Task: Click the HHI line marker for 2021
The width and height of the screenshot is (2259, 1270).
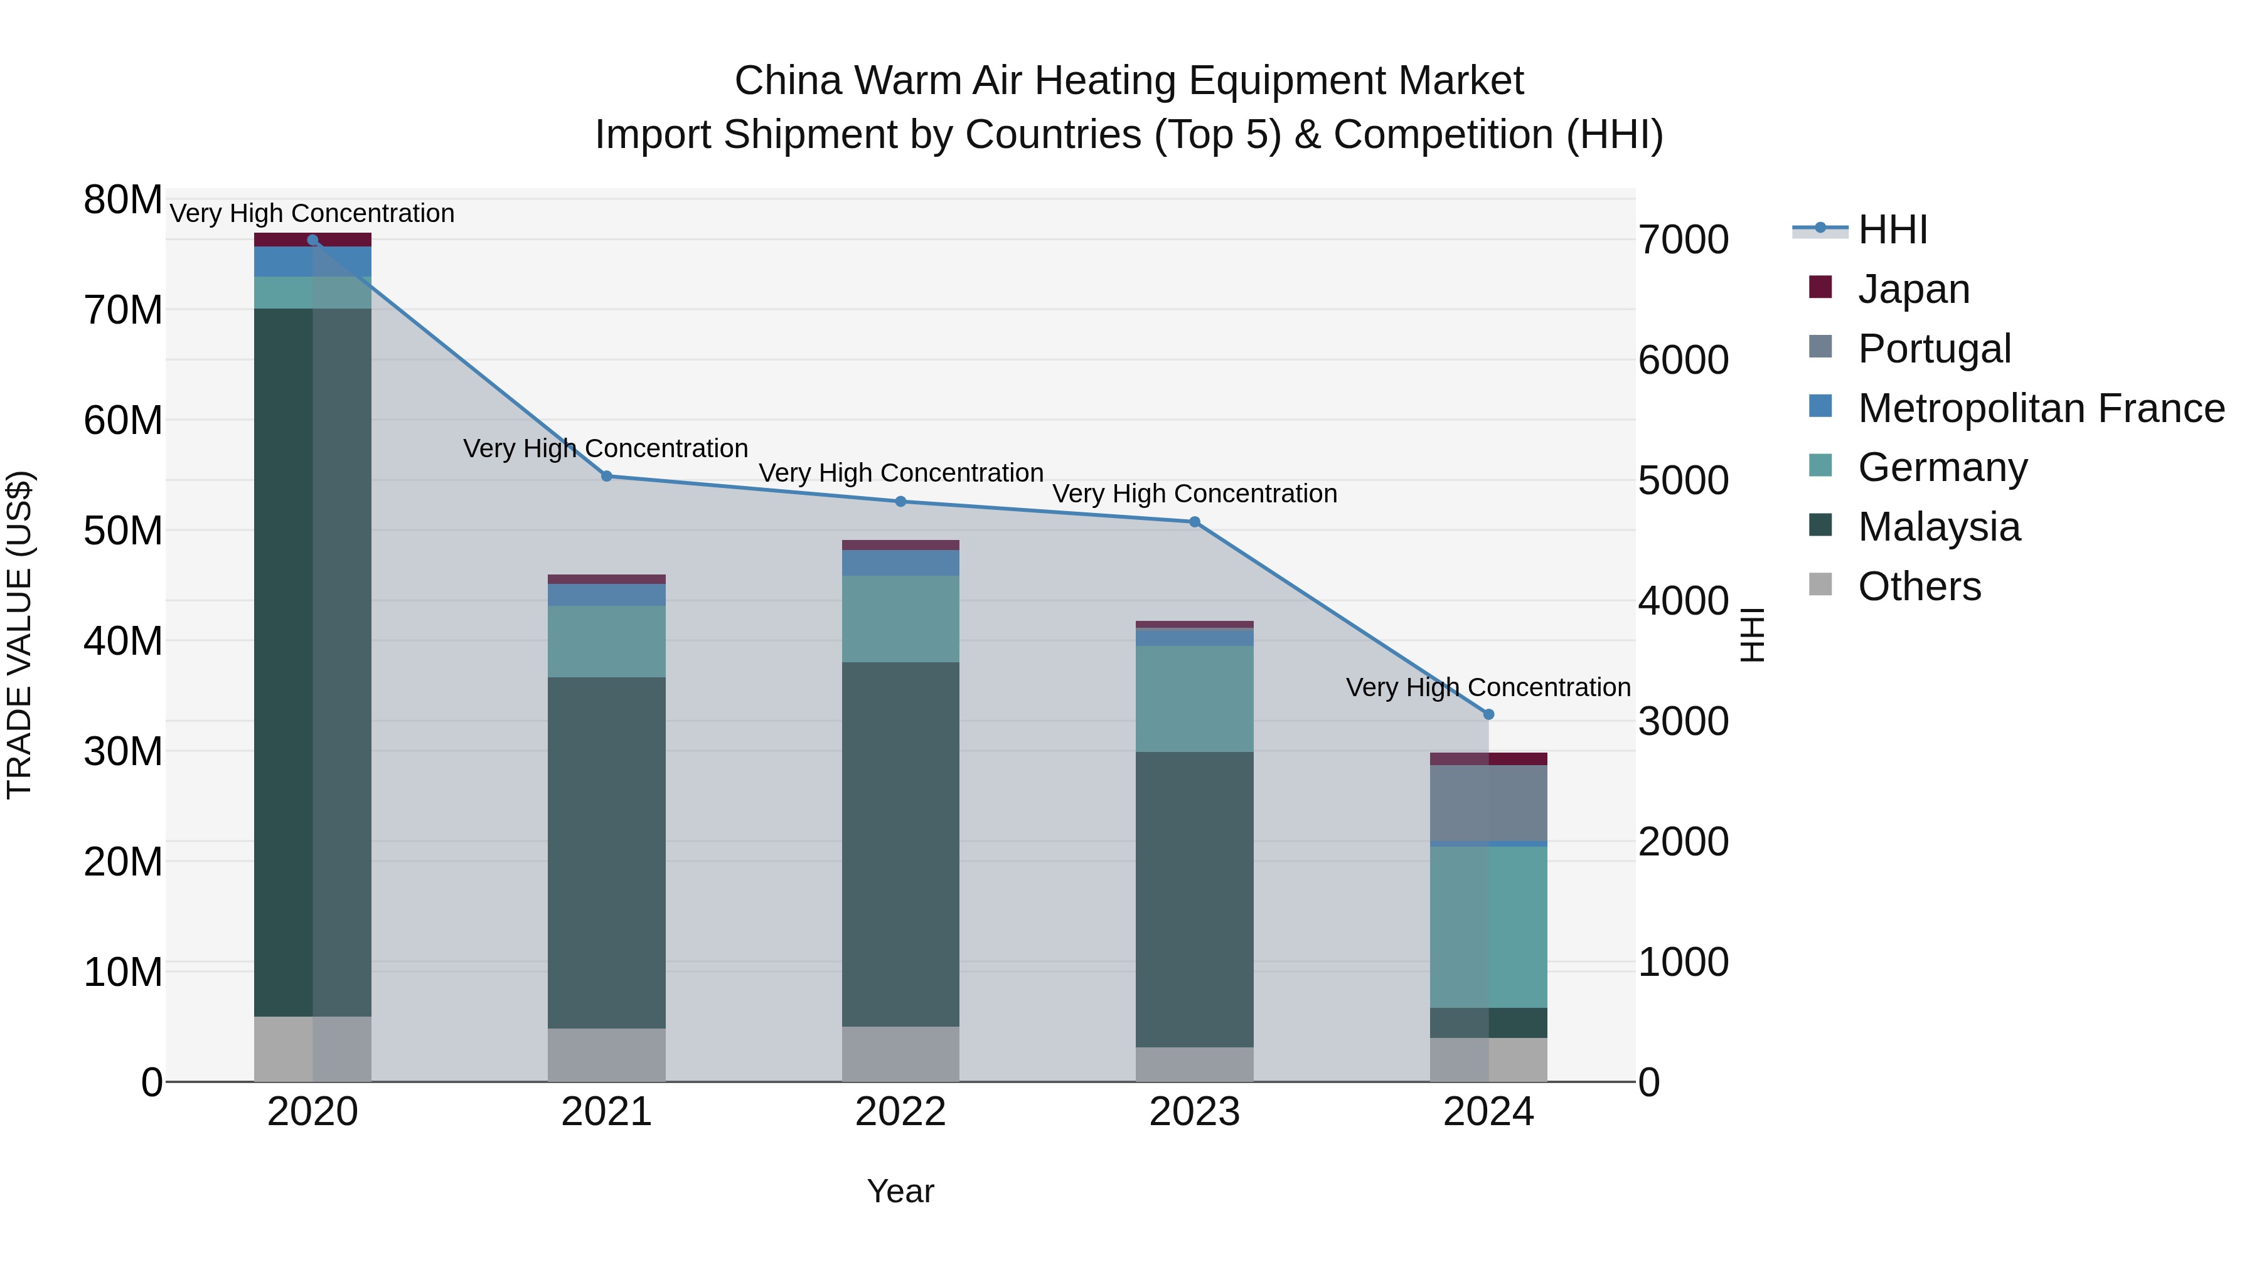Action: point(606,476)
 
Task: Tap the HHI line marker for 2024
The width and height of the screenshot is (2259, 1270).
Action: point(1488,714)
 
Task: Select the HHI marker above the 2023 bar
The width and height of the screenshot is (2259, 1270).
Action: point(1194,522)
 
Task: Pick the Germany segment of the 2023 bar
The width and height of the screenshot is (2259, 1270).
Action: point(1194,699)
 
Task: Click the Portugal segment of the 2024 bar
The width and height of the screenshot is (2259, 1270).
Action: point(1488,803)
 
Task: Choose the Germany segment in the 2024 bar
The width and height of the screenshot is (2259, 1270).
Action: point(1488,926)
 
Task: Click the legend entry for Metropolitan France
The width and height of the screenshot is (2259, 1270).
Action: point(2041,408)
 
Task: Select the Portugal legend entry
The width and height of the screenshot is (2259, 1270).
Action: point(1934,348)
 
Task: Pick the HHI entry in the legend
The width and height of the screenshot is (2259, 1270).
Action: point(1893,230)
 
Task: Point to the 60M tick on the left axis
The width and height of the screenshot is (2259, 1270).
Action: point(123,421)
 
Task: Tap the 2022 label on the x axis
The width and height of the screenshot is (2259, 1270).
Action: point(900,1112)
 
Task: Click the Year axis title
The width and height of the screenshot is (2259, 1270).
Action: point(900,1191)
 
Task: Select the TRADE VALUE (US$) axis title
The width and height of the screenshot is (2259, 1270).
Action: point(19,635)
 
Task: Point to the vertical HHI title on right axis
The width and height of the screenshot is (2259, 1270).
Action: point(1751,635)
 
